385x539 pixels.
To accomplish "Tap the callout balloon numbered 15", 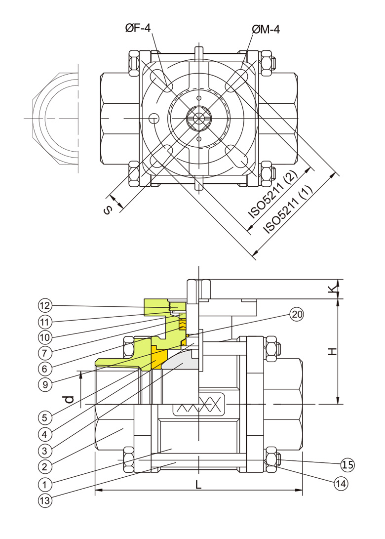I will click(347, 464).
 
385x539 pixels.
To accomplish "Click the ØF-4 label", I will click(138, 30).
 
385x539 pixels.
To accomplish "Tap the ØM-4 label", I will click(266, 30).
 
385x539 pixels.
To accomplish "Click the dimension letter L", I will click(198, 485).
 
